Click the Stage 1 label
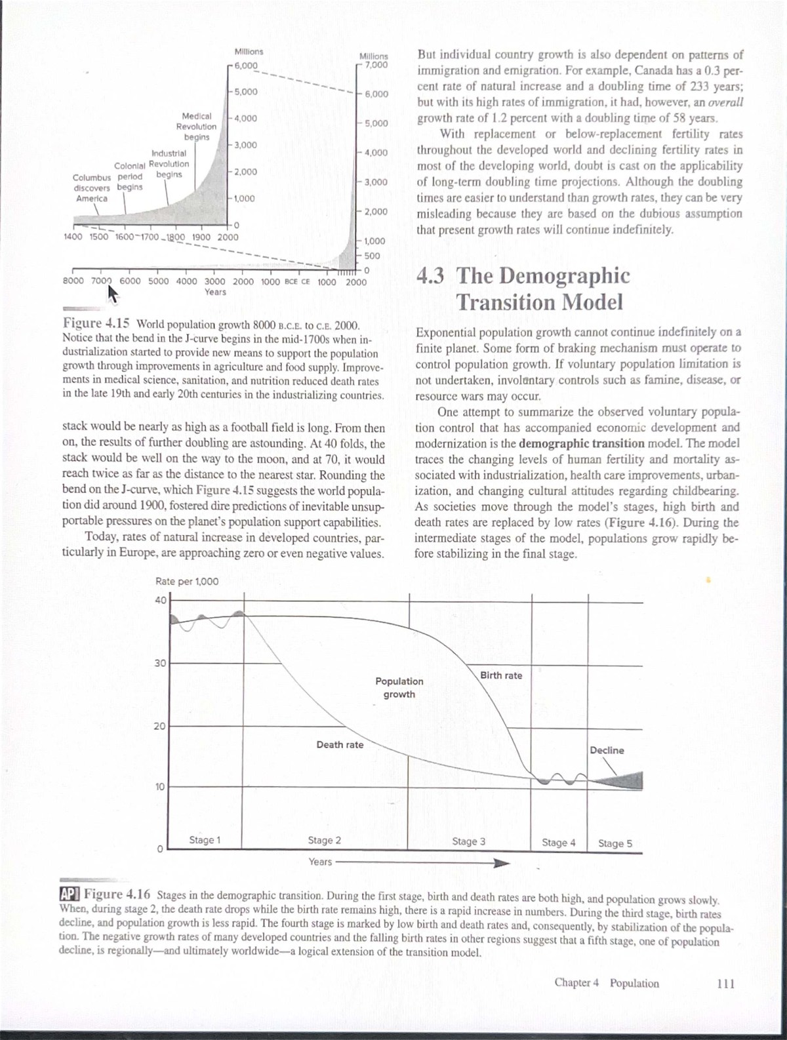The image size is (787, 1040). coord(205,840)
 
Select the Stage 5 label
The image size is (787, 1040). coord(615,843)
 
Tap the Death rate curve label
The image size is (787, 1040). coord(340,745)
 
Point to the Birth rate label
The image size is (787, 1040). coord(501,675)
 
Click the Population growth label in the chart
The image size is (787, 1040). coord(399,688)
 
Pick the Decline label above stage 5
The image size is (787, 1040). coord(607,750)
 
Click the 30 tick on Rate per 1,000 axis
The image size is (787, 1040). coord(160,663)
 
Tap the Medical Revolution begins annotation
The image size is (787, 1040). coord(195,126)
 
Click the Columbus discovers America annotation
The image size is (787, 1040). coord(92,188)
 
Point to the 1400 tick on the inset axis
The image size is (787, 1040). coord(72,237)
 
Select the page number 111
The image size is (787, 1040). coord(725,984)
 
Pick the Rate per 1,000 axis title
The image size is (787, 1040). coord(187,582)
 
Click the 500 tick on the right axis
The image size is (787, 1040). coord(373,256)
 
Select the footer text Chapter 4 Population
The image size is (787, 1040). coord(606,984)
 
